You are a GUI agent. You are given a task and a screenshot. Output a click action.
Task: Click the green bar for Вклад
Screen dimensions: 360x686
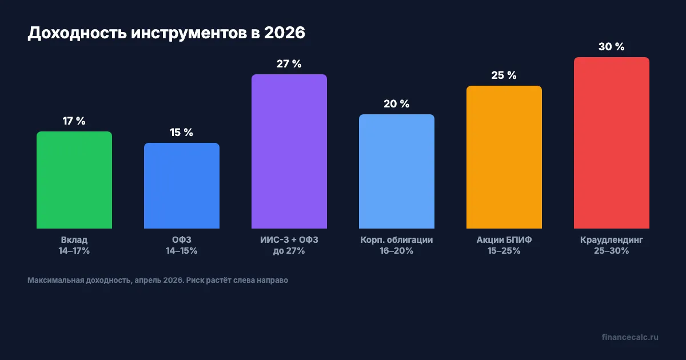tap(74, 180)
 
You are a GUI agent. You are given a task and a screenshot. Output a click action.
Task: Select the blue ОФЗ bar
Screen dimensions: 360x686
tap(182, 186)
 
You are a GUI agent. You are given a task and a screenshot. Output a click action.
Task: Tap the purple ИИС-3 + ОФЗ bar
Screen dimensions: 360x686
tap(289, 151)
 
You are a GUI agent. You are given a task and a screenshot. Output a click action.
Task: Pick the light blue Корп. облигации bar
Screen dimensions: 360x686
tap(397, 171)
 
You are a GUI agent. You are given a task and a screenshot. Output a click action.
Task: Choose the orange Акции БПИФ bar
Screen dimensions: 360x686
tap(504, 157)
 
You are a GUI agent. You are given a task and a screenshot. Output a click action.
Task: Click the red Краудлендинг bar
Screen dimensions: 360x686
tap(612, 143)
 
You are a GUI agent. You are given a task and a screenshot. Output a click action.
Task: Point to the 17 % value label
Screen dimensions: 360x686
tap(74, 121)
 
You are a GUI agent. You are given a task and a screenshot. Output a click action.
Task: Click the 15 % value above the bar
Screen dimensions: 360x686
tap(182, 133)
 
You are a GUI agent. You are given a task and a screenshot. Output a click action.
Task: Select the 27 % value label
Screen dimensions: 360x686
tap(289, 64)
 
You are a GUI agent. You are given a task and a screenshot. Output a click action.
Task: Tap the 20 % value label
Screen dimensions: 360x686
tap(397, 104)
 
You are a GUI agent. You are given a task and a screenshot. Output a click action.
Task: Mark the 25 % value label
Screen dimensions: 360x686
tap(504, 75)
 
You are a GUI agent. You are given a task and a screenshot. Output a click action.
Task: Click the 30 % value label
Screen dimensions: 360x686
tap(612, 47)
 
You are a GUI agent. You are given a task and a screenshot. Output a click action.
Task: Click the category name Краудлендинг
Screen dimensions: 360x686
tap(612, 240)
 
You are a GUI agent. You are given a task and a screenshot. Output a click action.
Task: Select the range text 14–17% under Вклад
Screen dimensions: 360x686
tap(74, 251)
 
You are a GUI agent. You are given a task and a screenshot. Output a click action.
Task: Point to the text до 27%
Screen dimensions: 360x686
tap(289, 251)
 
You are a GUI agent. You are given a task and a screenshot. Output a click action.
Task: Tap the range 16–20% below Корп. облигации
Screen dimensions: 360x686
tap(397, 251)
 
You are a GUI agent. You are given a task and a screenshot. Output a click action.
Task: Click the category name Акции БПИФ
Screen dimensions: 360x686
tap(504, 240)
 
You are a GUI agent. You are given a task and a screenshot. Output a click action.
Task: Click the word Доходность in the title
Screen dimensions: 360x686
tap(77, 33)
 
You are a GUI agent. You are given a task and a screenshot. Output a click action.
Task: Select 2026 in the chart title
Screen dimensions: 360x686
tap(284, 33)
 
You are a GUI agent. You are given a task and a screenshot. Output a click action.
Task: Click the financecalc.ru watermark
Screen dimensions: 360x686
tap(630, 337)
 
